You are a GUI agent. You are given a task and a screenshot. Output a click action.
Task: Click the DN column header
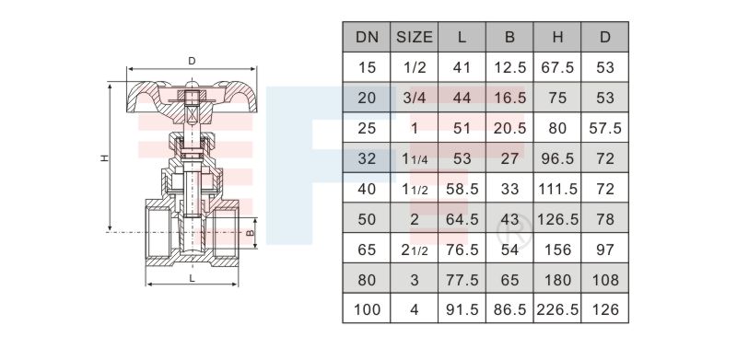point(367,37)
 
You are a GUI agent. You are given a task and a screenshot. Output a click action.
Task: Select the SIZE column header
point(414,37)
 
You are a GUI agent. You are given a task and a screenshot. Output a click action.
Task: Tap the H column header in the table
point(557,37)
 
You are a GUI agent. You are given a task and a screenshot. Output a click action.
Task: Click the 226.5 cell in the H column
point(557,309)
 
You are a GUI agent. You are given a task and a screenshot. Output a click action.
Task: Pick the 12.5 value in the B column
point(510,68)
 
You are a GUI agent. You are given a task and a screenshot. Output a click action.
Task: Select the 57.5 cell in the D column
point(605,128)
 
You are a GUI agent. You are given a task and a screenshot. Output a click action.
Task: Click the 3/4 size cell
point(414,98)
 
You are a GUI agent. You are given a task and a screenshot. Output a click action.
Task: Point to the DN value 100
point(367,309)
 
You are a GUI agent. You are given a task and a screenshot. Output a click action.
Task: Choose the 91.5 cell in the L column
point(462,309)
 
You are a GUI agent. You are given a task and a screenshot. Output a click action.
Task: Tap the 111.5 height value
point(557,189)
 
